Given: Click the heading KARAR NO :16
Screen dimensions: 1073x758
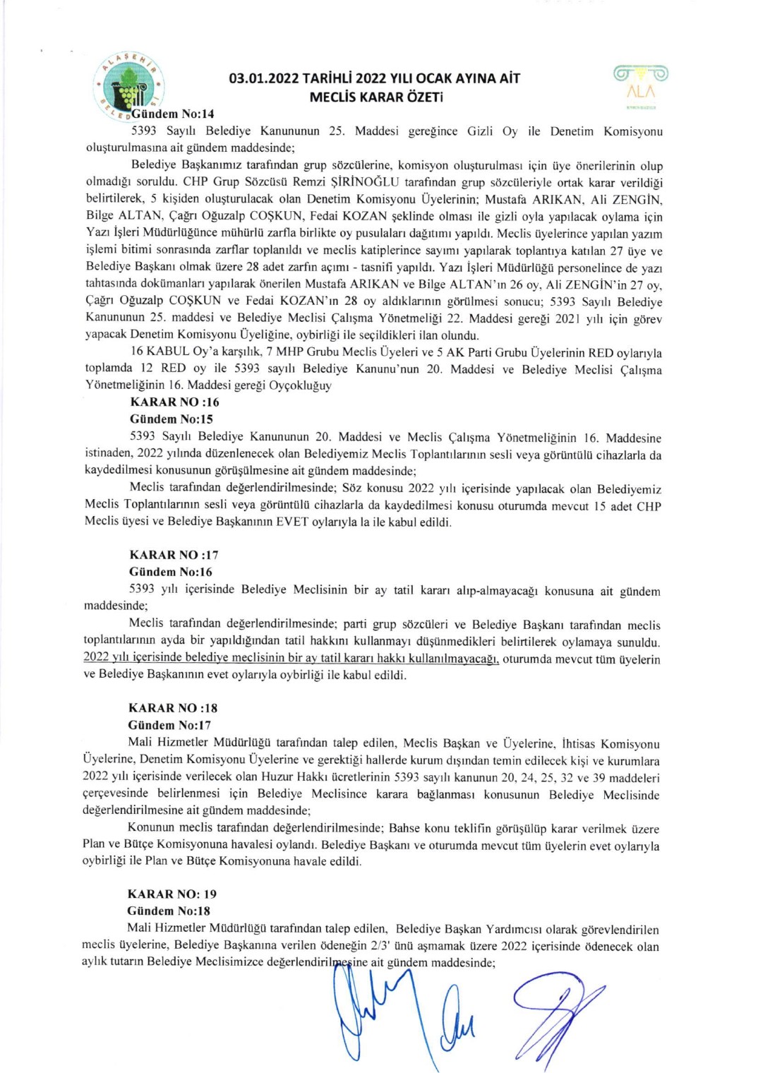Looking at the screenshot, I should coord(174,402).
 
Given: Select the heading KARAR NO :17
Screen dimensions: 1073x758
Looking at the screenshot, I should coord(174,555).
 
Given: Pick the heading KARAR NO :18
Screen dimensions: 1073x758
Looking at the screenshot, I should coord(173,708).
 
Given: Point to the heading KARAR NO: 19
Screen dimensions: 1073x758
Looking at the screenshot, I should coord(172,894).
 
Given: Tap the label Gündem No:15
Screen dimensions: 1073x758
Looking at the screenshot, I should coord(171,419).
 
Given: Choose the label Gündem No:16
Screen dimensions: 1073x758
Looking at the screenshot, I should coord(170,572).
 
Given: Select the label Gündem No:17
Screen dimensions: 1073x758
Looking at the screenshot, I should coord(169,725).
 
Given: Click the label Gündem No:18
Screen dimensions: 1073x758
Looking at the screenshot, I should coord(169,911).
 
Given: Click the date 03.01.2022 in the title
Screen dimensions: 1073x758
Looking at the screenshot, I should coord(265,78).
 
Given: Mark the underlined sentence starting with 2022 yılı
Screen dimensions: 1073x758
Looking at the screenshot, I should coord(291,658).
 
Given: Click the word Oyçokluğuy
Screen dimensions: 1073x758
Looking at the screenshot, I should coord(300,386).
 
